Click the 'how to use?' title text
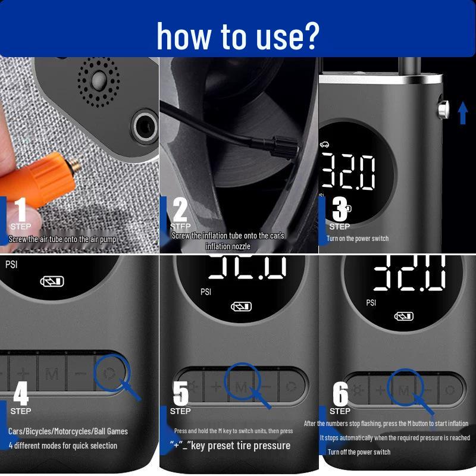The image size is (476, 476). point(237,35)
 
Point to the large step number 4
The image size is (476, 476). point(21,393)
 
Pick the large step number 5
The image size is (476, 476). point(180,393)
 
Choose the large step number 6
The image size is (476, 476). point(340,393)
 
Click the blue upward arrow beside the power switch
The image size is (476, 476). point(463,112)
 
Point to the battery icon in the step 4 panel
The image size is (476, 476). point(52,281)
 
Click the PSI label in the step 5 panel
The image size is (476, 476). point(206,292)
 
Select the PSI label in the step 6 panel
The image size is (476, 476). point(371,302)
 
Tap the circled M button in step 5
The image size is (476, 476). point(242,387)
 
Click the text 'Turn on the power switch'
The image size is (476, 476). point(357,239)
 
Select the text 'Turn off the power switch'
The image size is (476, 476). point(359,452)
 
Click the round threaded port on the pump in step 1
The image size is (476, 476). point(143,124)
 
